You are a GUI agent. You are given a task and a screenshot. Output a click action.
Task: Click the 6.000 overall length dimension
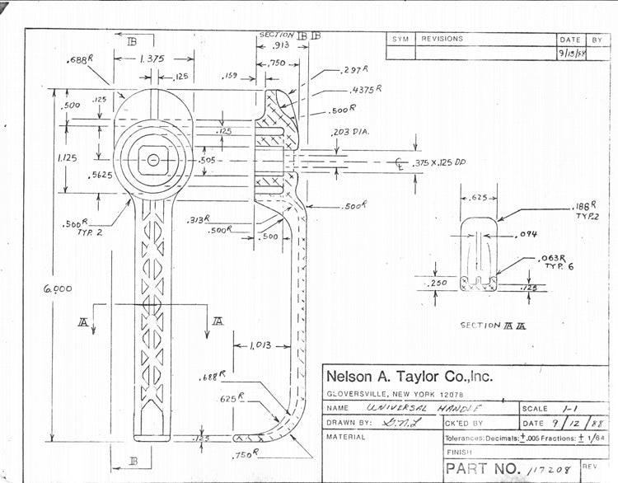[x=59, y=288]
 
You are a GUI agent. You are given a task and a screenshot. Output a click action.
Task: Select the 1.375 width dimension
[x=150, y=59]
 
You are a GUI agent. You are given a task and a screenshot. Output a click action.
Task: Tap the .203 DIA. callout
[x=353, y=131]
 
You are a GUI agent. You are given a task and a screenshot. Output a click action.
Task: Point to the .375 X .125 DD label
[x=439, y=162]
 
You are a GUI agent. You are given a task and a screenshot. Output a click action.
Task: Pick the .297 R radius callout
[x=356, y=71]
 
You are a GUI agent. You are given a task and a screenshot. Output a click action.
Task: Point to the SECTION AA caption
[x=493, y=325]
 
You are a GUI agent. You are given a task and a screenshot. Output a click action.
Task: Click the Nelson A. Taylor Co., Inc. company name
[x=410, y=377]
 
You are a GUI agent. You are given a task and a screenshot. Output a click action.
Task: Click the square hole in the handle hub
[x=152, y=158]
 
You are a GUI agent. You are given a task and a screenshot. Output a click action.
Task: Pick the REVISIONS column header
[x=442, y=39]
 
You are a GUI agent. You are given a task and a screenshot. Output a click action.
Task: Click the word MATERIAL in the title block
[x=346, y=438]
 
